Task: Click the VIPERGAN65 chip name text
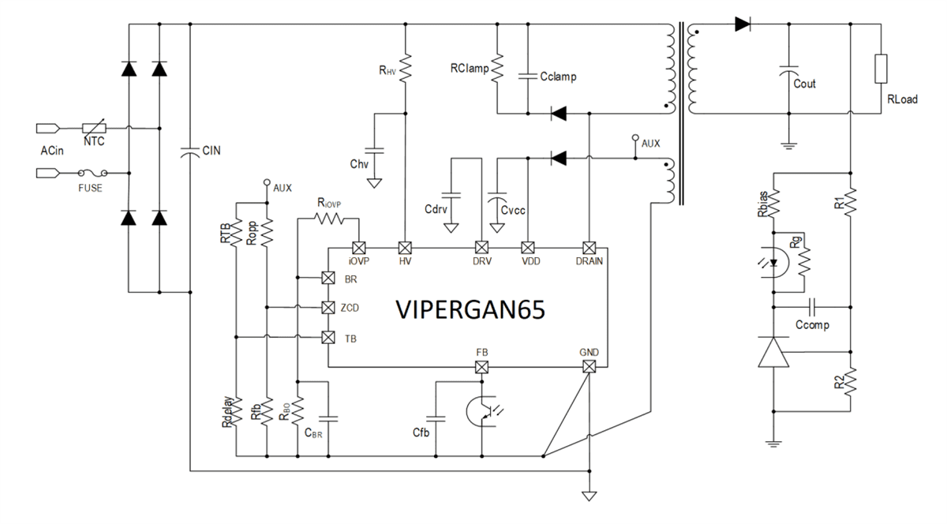pyautogui.click(x=470, y=310)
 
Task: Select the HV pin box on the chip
pyautogui.click(x=404, y=246)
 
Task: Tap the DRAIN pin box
pyautogui.click(x=588, y=246)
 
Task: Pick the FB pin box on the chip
pyautogui.click(x=481, y=367)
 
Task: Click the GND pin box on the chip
pyautogui.click(x=588, y=367)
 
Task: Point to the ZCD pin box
pyautogui.click(x=328, y=307)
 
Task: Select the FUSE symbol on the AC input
pyautogui.click(x=92, y=172)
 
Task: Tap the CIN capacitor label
pyautogui.click(x=211, y=150)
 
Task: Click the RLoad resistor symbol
pyautogui.click(x=881, y=69)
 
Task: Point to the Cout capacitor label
pyautogui.click(x=804, y=84)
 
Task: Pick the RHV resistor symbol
pyautogui.click(x=404, y=68)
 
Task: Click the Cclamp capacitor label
pyautogui.click(x=558, y=77)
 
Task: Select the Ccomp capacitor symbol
pyautogui.click(x=813, y=307)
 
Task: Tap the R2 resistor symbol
pyautogui.click(x=850, y=384)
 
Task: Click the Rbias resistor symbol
pyautogui.click(x=776, y=202)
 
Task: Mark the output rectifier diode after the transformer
pyautogui.click(x=742, y=24)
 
